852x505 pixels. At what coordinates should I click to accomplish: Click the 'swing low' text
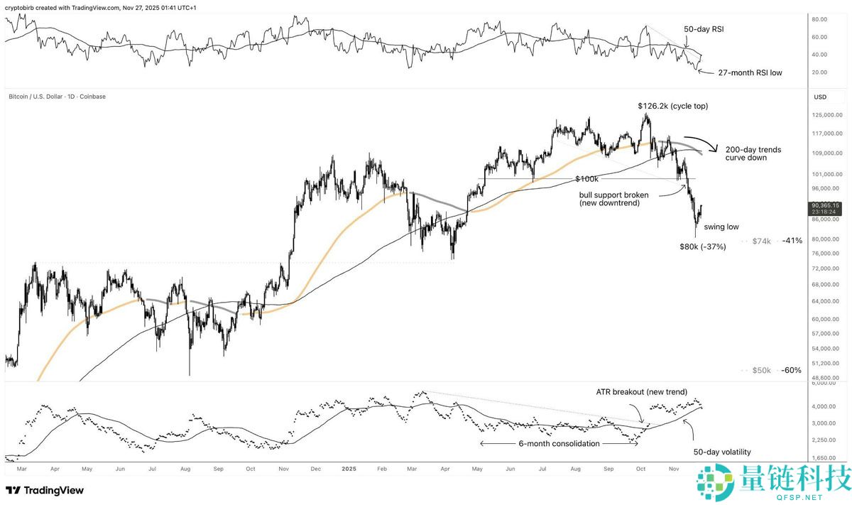tap(721, 227)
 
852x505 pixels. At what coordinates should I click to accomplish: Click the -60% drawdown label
tap(792, 371)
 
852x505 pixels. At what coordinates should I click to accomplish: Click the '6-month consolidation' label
tap(559, 444)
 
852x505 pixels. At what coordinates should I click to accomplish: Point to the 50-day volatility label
tap(721, 452)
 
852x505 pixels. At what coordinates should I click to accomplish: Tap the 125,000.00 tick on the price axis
tap(826, 114)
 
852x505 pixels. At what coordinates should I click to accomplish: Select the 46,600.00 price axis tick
tap(826, 378)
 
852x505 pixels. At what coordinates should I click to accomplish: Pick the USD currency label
tap(820, 97)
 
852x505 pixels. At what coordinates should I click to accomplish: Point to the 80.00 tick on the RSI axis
tap(821, 20)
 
